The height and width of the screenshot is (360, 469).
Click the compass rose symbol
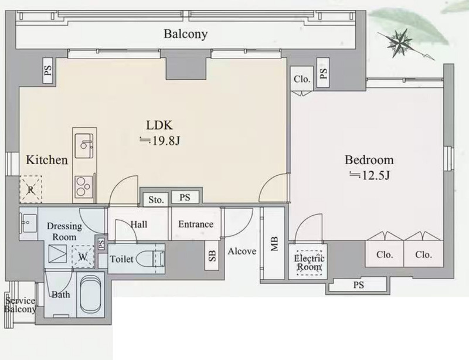[400, 43]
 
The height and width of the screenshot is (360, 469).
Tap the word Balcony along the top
[185, 34]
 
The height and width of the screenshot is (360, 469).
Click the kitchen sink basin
[84, 146]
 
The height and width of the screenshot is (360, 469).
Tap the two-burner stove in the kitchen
[84, 187]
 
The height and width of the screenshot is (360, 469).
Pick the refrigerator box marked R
[30, 189]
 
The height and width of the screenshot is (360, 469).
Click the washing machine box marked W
[83, 256]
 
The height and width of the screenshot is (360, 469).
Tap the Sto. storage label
[156, 199]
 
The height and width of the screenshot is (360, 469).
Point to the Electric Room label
[309, 263]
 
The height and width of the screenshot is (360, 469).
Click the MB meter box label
[274, 243]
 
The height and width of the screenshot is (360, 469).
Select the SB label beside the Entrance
[212, 256]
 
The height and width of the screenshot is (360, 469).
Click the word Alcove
[242, 251]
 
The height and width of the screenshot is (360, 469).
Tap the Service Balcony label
[20, 305]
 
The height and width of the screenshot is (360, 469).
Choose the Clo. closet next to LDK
[302, 79]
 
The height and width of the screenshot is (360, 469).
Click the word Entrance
[196, 224]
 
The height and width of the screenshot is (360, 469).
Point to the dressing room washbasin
[28, 223]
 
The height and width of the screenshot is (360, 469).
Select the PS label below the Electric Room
[359, 285]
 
